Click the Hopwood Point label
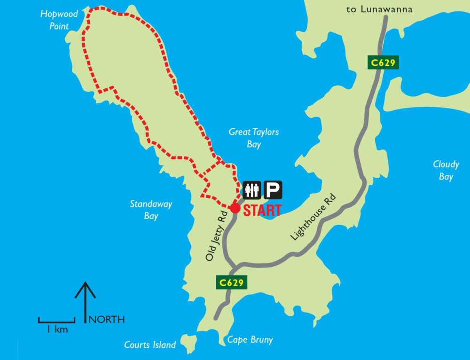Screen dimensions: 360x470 pos(59,20)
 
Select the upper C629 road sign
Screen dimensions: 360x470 pos(383,63)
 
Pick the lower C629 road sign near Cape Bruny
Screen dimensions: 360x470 pos(232,282)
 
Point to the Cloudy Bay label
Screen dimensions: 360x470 pos(446,170)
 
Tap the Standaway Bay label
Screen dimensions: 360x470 pos(151,210)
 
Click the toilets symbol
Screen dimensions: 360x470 pos(251,190)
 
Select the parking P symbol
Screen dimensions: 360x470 pos(273,190)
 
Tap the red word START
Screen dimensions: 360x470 pos(262,210)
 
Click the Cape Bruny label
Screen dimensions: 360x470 pos(250,340)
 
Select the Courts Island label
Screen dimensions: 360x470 pos(150,345)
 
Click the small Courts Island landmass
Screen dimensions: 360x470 pos(189,343)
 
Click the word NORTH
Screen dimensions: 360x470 pos(107,320)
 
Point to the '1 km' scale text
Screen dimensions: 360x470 pos(57,329)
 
